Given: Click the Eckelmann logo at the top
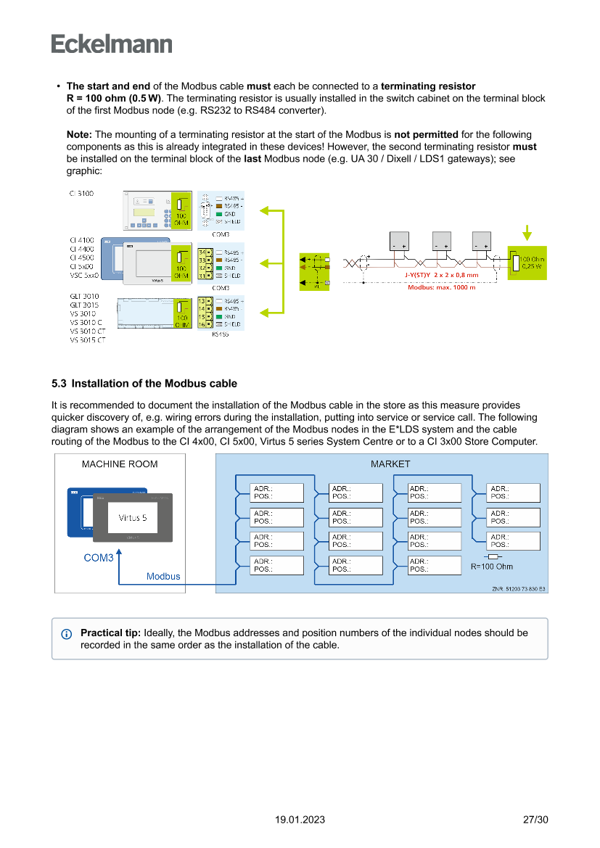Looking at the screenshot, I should coord(112,44).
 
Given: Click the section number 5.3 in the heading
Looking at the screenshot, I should coord(59,384).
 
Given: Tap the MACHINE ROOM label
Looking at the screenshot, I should coord(120,464).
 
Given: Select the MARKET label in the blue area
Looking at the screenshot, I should coord(390,464).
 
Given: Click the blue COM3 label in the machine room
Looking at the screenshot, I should coord(99,558).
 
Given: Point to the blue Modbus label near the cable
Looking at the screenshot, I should coord(163,577).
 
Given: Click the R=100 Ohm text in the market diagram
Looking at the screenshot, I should coord(492,567).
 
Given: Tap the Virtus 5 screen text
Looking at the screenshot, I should coord(132,518).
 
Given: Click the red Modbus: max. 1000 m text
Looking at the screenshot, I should coord(442,288).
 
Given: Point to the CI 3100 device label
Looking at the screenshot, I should coord(81,194).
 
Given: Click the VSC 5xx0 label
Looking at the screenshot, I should coord(84,275).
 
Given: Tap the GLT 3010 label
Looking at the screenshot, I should coord(84,296).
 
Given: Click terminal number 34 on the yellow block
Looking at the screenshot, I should coord(201,252).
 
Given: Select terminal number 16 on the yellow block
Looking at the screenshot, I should coord(201,325).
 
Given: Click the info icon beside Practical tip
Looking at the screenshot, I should coord(67,634).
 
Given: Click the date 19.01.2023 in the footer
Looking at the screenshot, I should coord(300,820).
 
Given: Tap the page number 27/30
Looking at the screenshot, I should coord(535,820).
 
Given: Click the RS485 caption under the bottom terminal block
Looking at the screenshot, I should coord(220,334).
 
